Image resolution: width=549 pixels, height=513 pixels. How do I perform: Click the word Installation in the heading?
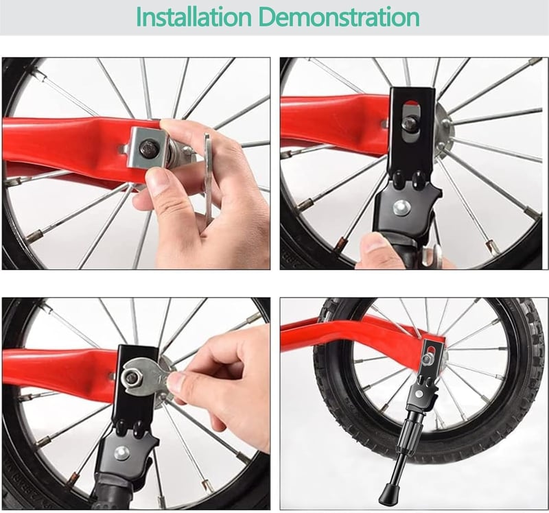pos(194,16)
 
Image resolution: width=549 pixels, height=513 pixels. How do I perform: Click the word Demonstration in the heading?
pos(340,16)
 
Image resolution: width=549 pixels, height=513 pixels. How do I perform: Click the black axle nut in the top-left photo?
pos(148,149)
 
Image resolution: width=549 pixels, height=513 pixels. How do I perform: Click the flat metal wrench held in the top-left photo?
pos(208,179)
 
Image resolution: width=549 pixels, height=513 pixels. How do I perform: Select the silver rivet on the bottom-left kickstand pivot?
pos(121,453)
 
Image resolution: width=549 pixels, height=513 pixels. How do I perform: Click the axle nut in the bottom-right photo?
pos(428,360)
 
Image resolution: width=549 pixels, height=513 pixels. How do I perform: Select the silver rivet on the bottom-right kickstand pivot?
pos(419,394)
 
